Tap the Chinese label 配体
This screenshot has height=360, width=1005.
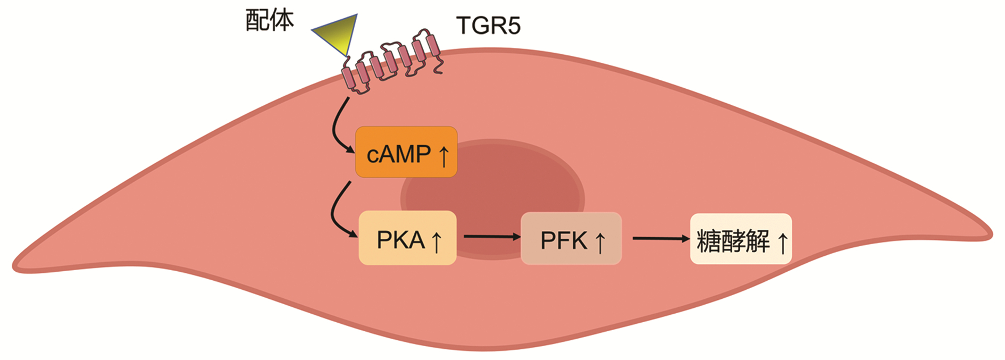pos(270,21)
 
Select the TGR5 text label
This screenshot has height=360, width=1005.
pos(488,26)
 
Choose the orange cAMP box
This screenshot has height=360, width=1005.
pos(406,152)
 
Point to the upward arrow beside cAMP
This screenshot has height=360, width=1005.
pos(443,156)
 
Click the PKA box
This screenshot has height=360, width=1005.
pos(407,238)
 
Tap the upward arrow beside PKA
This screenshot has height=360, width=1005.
pos(436,241)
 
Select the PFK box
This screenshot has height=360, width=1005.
pos(571,239)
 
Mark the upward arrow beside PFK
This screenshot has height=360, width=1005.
pos(600,242)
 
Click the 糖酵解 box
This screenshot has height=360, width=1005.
pos(741,239)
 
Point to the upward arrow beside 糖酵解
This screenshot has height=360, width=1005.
pos(782,242)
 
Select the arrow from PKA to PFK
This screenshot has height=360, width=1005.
pos(492,237)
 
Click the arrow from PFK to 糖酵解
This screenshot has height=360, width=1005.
pos(660,239)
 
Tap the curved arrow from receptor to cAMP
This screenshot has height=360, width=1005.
pos(337,128)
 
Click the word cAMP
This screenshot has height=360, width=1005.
pos(398,154)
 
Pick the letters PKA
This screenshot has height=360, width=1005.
pos(400,240)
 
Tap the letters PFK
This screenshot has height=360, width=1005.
pos(564,241)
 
